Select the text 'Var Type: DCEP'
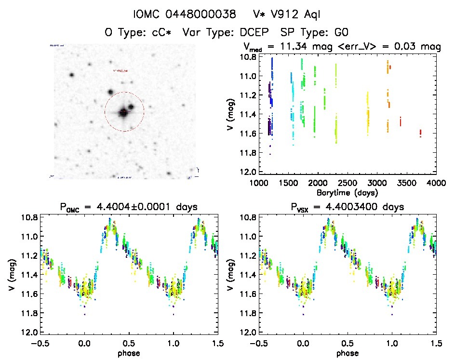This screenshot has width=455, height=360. (227, 32)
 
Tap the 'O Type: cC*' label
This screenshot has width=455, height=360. (140, 32)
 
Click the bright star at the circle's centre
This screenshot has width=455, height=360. (124, 112)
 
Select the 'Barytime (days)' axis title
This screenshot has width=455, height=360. (347, 192)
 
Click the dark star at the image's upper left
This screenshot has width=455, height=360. (72, 75)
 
